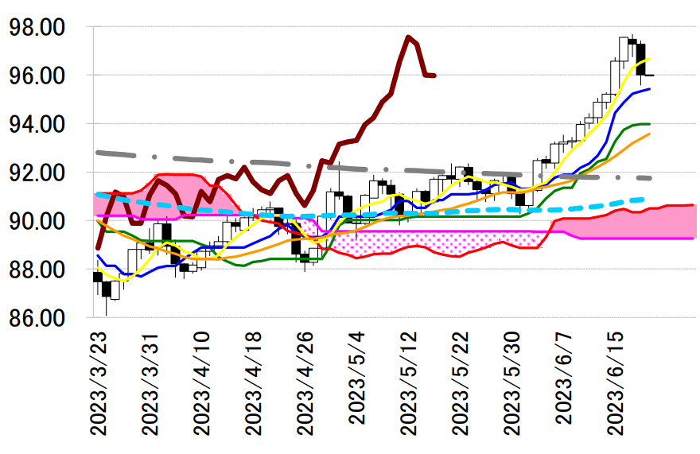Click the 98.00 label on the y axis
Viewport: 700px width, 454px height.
point(36,27)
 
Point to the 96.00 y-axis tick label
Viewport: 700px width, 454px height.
point(36,76)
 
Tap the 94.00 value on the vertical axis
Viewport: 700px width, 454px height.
point(36,124)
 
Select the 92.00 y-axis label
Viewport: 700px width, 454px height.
point(36,173)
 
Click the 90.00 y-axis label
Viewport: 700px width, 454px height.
point(36,221)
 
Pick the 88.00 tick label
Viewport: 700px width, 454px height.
point(36,270)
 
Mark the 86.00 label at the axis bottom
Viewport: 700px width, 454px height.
point(36,318)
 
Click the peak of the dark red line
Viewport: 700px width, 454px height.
point(408,37)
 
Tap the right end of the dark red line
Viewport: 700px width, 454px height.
point(434,76)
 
